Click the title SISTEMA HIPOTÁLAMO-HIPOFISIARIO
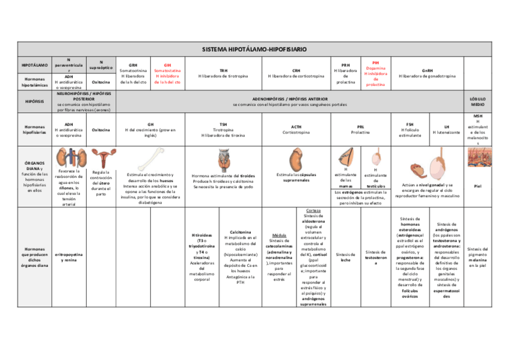[254, 49]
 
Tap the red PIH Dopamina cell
[375, 73]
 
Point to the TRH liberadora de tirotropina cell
[223, 73]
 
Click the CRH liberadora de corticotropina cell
[296, 73]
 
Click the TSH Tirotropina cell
[223, 129]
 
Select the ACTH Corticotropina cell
[296, 129]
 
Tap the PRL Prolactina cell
[360, 129]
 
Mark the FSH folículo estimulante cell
[410, 129]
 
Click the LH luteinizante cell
[446, 129]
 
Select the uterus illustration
[100, 156]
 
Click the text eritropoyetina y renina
[69, 257]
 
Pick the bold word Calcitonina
[240, 231]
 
